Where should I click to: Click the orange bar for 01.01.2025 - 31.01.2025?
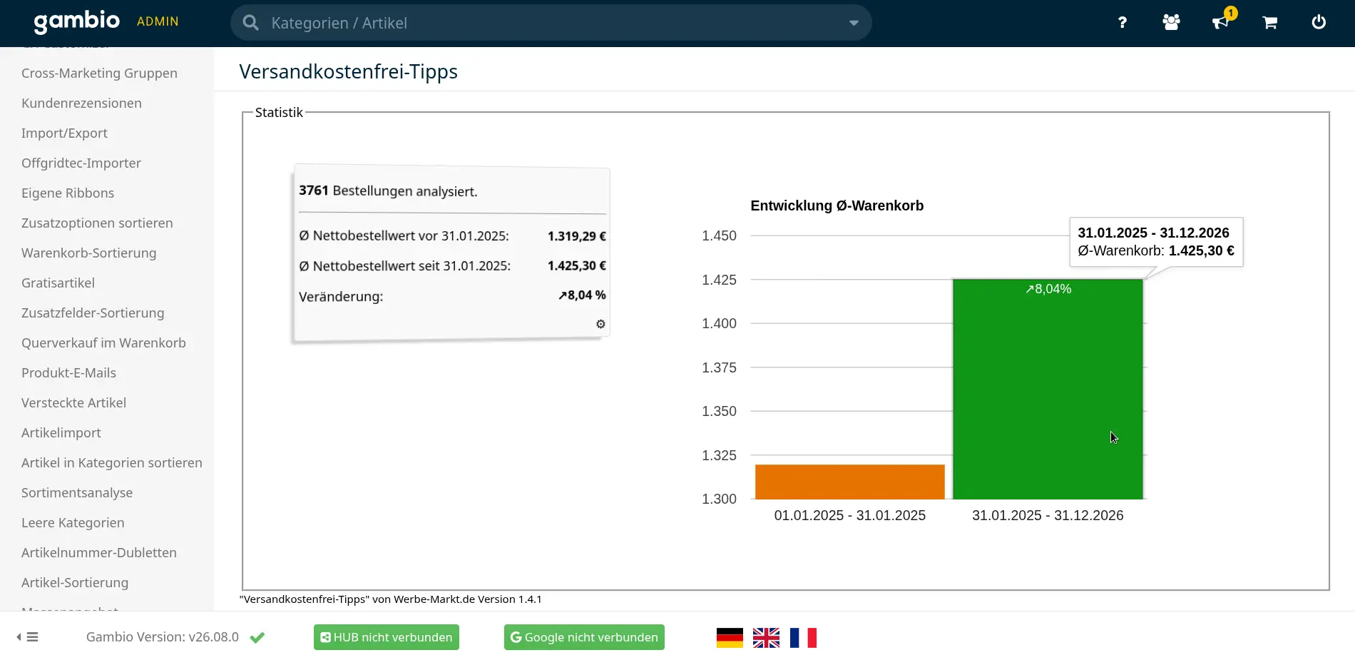coord(849,482)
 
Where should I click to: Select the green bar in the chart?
coord(1048,389)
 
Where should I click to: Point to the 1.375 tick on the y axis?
coord(719,367)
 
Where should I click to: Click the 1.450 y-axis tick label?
coord(719,235)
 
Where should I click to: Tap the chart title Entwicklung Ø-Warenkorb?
coord(837,205)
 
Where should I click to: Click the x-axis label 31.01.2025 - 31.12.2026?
coord(1048,515)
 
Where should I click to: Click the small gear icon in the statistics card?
coord(600,324)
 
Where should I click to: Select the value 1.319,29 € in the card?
coord(576,236)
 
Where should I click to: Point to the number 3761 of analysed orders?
coord(314,191)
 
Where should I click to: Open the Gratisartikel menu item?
coord(58,283)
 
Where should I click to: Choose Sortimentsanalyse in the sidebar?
coord(77,492)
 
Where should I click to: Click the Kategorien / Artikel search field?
coord(551,23)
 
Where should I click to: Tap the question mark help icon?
coord(1122,22)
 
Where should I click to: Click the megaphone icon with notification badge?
coord(1221,21)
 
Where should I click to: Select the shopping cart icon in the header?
coord(1269,22)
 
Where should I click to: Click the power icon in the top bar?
coord(1319,22)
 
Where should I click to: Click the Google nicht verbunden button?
coord(584,637)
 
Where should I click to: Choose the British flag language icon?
coord(766,637)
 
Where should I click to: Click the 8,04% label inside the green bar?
coord(1048,289)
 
